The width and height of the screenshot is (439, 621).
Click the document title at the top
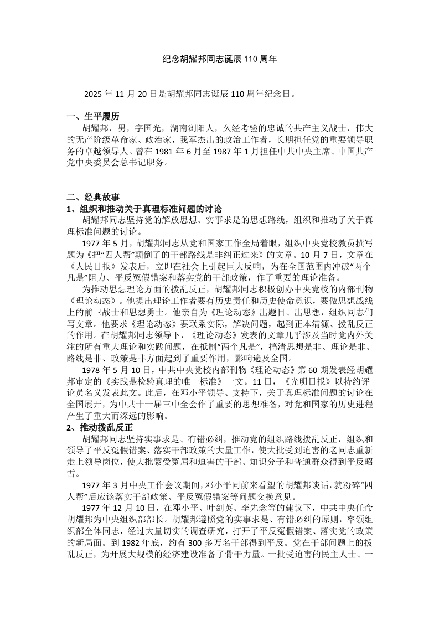(220, 58)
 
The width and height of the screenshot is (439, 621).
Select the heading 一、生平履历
(92, 117)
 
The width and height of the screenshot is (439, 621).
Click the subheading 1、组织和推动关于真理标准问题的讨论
(144, 209)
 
